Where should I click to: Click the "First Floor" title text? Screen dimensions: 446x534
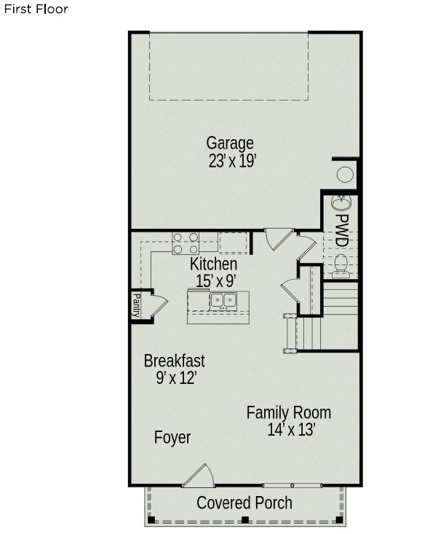[36, 9]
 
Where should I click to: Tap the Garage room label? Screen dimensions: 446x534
[230, 144]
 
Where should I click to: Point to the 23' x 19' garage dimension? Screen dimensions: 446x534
[232, 161]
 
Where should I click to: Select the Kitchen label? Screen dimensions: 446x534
[213, 264]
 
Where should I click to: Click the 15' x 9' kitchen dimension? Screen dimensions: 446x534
[215, 281]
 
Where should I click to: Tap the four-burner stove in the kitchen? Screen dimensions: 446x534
[186, 243]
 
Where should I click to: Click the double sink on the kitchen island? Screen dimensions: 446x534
[223, 300]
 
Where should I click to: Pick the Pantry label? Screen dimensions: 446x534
[137, 305]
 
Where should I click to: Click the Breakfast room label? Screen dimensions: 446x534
[174, 361]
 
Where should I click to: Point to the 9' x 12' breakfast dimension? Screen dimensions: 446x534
[176, 377]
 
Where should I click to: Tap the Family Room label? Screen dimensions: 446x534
[289, 413]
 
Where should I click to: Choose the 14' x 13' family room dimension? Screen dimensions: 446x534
[291, 430]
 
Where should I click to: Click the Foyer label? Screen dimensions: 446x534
[172, 437]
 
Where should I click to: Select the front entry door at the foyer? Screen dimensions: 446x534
[199, 475]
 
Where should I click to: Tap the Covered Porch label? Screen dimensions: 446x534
[244, 503]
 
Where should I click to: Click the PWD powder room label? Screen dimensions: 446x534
[342, 230]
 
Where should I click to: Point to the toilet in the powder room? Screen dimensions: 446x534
[341, 264]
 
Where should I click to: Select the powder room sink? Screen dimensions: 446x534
[341, 203]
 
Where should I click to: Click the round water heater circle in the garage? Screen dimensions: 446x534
[345, 174]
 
